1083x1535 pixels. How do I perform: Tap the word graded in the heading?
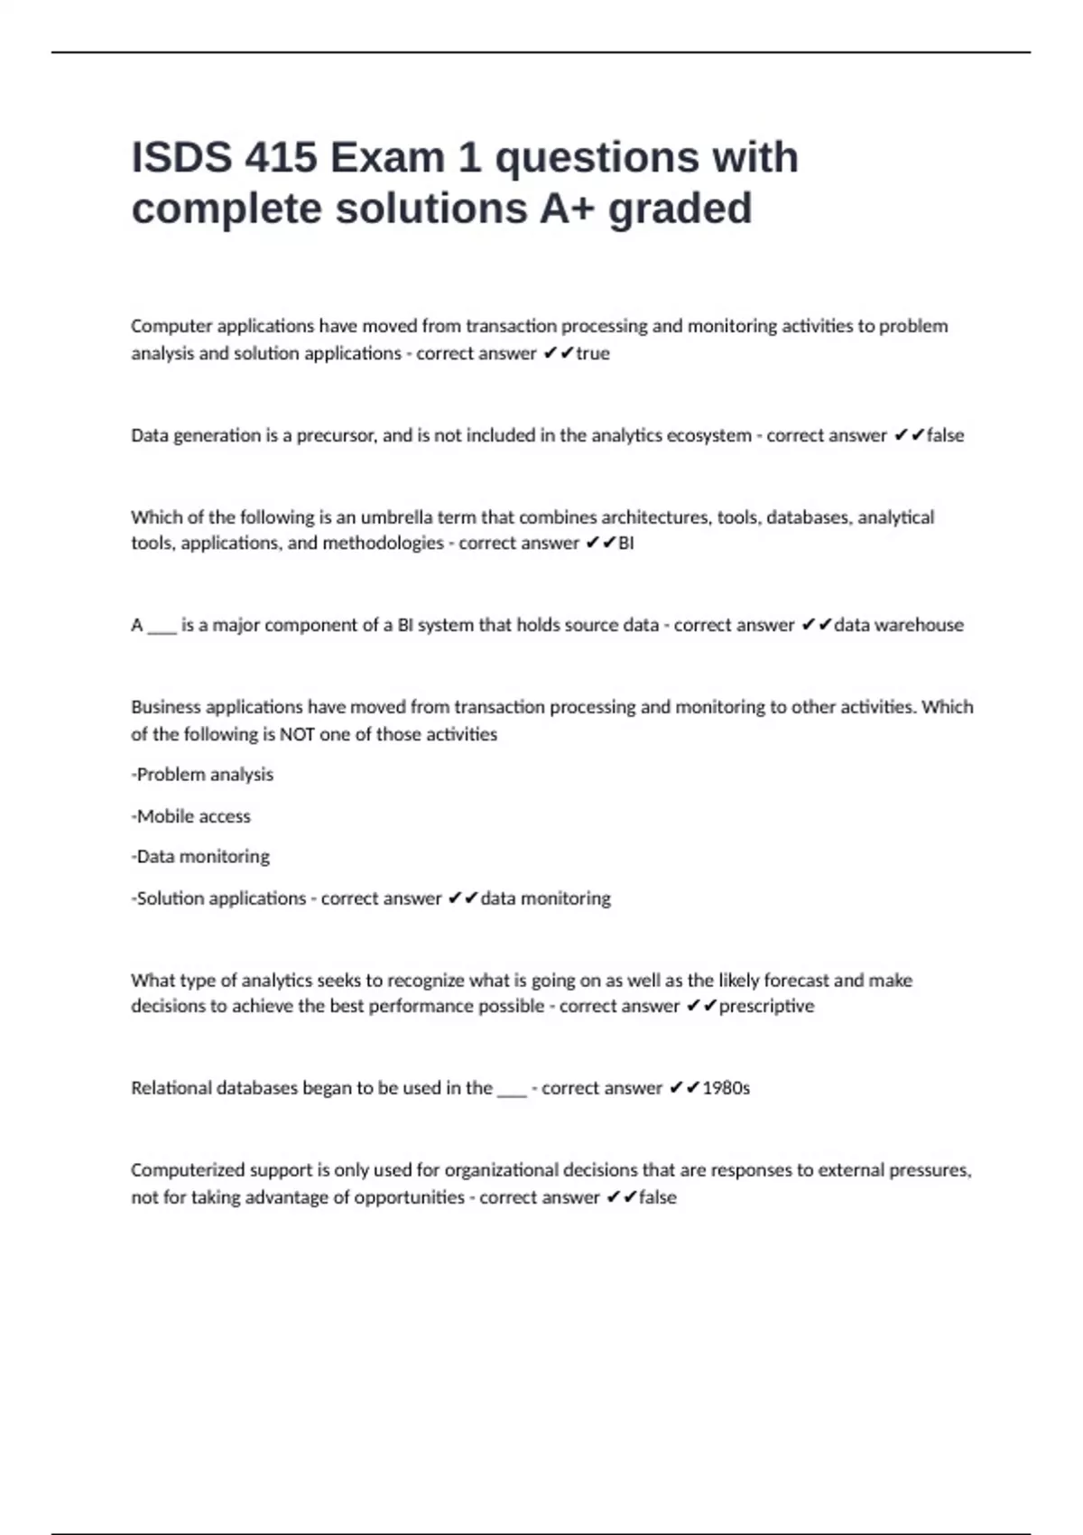(x=680, y=209)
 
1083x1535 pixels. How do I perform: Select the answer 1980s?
(x=726, y=1088)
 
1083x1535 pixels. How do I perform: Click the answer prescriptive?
(x=766, y=1006)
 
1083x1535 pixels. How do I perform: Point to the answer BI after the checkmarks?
(x=625, y=543)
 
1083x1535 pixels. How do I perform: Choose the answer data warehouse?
(x=898, y=625)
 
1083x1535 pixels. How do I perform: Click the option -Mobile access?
(x=191, y=816)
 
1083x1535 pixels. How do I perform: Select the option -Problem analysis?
(x=202, y=775)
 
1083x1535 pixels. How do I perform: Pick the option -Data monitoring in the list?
(x=200, y=856)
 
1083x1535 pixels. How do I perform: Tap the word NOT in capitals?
(x=297, y=734)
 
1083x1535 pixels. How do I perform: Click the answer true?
(x=593, y=353)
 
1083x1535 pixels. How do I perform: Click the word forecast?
(x=796, y=980)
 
